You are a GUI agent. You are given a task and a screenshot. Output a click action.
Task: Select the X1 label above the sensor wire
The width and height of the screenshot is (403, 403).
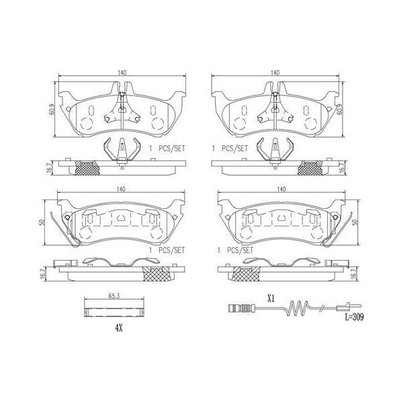click(271, 296)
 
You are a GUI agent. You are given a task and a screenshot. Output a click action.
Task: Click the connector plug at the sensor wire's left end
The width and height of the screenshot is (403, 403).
click(235, 310)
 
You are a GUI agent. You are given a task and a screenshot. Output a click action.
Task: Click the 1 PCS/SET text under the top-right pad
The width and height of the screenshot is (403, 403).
click(230, 148)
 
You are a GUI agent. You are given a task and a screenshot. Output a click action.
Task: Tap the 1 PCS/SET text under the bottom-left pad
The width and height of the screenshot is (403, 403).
click(166, 250)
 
